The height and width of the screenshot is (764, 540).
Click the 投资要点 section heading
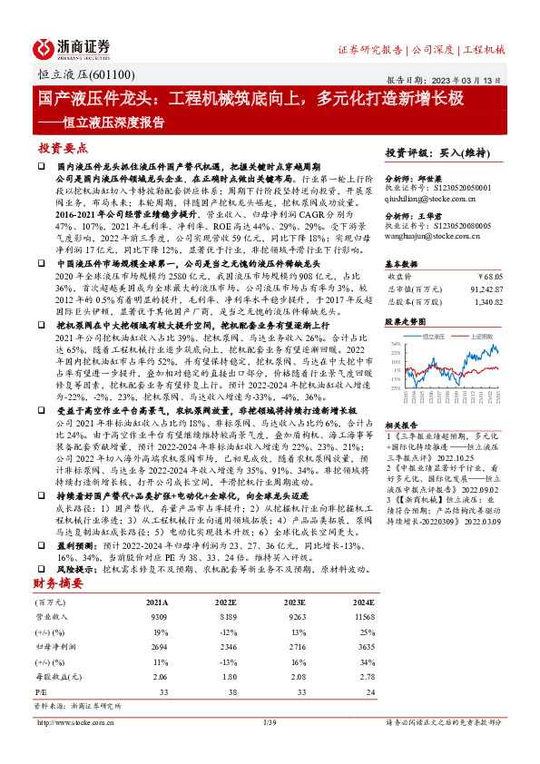click(63, 147)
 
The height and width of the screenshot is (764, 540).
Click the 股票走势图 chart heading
click(405, 322)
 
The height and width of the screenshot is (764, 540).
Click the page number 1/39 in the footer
click(270, 723)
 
